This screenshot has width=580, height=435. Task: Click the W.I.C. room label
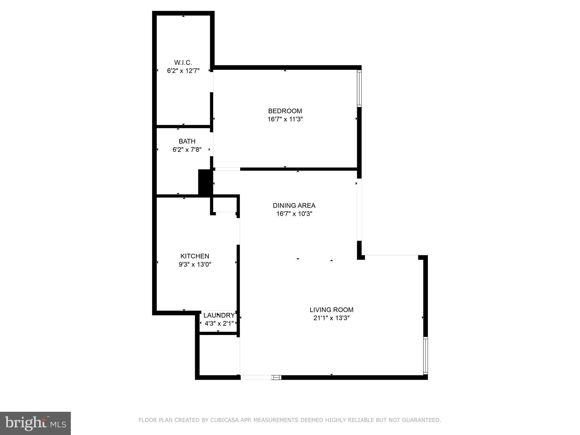(x=183, y=62)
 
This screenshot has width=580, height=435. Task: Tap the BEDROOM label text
(x=285, y=111)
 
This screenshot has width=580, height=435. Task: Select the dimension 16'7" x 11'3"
(x=285, y=119)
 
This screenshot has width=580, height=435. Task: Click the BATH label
(x=187, y=141)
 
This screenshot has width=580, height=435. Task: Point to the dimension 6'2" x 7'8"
(x=187, y=150)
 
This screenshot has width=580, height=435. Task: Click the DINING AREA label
(x=294, y=206)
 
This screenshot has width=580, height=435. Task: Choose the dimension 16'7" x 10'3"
(x=294, y=214)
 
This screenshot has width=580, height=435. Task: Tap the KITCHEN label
(x=195, y=256)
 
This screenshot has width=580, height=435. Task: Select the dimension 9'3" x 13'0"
(x=195, y=265)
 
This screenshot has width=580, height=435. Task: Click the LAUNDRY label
(x=219, y=315)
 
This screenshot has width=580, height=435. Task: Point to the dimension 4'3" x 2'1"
(x=219, y=323)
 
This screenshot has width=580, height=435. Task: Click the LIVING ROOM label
(x=331, y=310)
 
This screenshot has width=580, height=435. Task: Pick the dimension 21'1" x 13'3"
(x=331, y=318)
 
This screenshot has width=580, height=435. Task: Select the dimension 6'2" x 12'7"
(x=183, y=71)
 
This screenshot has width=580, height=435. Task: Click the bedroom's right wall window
(x=359, y=88)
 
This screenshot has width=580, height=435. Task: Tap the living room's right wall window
(x=425, y=356)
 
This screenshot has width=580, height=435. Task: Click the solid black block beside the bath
(x=205, y=182)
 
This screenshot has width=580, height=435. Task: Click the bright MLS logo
(x=35, y=423)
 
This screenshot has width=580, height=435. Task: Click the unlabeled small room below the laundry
(x=218, y=355)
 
